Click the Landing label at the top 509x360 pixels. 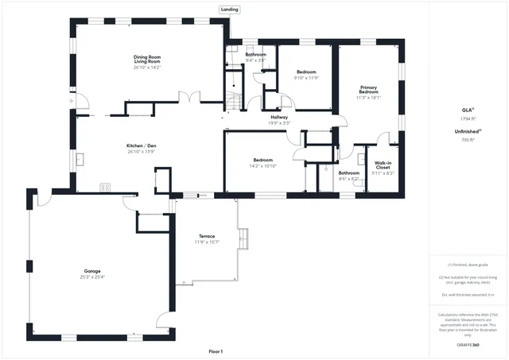tap(229, 10)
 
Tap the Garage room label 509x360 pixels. tap(92, 272)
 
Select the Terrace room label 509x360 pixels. tap(207, 236)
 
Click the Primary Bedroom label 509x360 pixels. tap(368, 90)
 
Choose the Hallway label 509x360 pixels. tap(279, 117)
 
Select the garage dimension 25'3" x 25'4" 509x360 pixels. tap(92, 277)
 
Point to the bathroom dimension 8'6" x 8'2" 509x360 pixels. tap(348, 178)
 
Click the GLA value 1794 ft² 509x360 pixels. tap(467, 118)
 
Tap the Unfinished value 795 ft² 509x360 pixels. tap(467, 140)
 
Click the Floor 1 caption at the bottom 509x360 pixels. tap(216, 351)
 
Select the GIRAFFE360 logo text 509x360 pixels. tap(467, 345)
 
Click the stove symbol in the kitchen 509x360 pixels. tap(104, 188)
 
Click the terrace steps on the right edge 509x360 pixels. tap(244, 238)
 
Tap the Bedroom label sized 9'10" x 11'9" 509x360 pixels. tap(306, 72)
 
